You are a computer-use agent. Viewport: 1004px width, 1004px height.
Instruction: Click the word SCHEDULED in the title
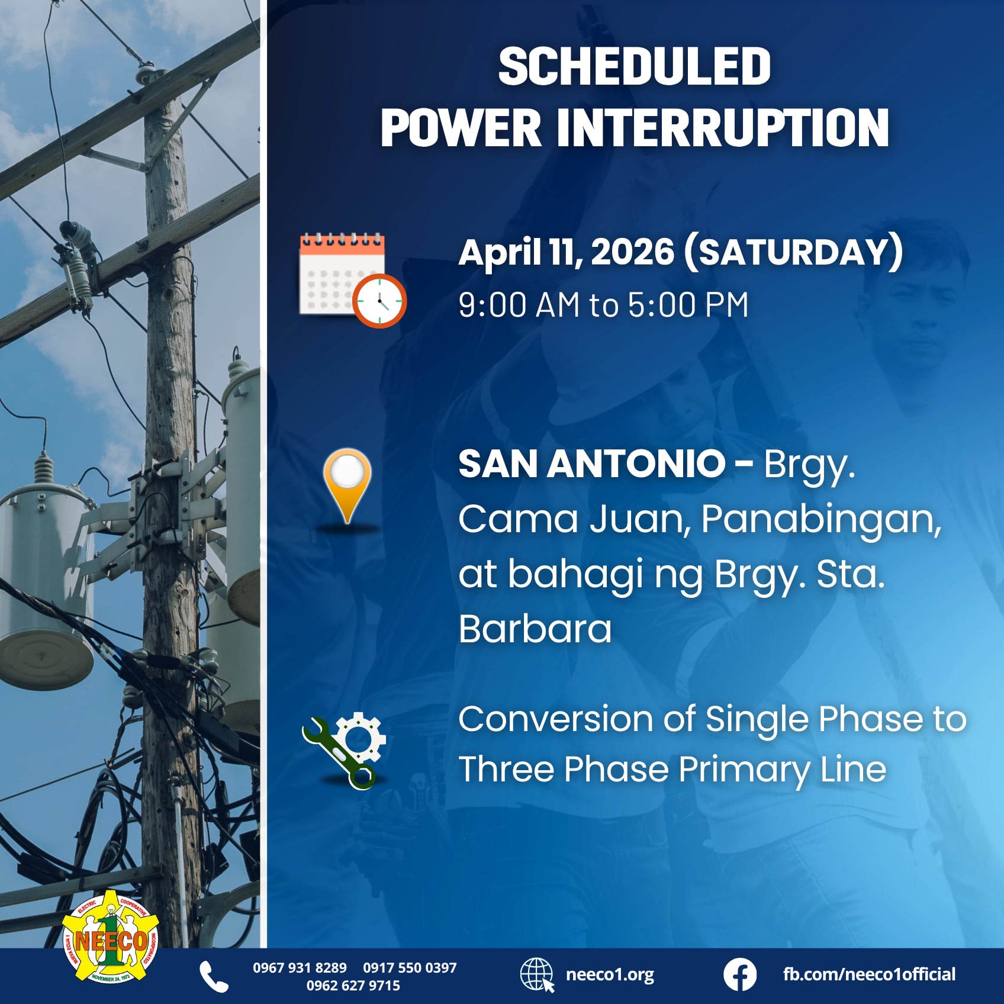(634, 66)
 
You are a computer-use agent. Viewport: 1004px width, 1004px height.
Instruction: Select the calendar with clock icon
(352, 280)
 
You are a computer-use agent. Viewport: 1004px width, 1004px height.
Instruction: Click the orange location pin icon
(347, 485)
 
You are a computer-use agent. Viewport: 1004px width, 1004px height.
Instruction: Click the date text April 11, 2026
(566, 252)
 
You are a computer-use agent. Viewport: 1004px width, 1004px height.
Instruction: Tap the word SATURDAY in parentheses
(793, 252)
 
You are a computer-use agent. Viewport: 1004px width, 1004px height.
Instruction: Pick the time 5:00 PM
(688, 305)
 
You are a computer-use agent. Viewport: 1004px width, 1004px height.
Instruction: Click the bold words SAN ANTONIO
(591, 464)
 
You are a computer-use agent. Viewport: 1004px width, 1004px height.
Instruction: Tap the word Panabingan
(820, 519)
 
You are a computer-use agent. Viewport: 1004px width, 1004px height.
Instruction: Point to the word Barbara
(535, 629)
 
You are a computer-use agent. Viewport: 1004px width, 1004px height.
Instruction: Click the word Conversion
(555, 719)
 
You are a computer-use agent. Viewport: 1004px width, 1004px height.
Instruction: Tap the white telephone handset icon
(214, 976)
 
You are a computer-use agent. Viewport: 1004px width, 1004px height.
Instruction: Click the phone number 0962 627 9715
(353, 986)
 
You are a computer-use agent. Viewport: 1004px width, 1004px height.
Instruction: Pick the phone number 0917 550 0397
(410, 968)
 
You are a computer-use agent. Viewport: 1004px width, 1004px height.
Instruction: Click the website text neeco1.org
(610, 974)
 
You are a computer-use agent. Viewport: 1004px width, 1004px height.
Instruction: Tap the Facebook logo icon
(739, 975)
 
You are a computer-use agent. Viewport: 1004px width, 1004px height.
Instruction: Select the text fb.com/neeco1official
(869, 974)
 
